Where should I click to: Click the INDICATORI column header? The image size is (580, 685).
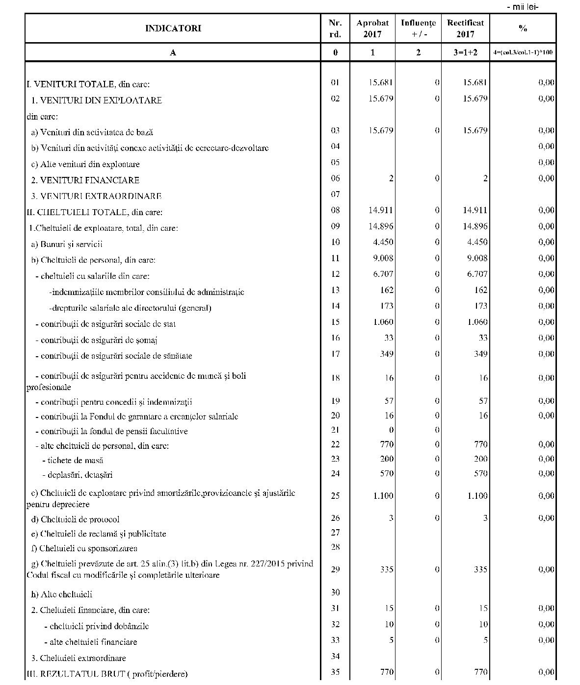(173, 28)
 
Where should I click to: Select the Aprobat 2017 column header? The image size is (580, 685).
(372, 28)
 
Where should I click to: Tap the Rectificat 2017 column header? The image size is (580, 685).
(465, 28)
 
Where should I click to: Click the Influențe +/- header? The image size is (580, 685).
(418, 28)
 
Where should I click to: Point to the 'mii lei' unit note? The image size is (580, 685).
(523, 7)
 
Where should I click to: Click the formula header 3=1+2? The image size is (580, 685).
(465, 52)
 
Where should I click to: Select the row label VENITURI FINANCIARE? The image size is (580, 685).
(85, 180)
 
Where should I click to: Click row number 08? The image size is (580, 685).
(335, 210)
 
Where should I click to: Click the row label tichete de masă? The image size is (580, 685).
(73, 460)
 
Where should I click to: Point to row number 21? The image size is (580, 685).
(335, 430)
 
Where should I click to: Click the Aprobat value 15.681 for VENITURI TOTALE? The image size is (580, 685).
(381, 82)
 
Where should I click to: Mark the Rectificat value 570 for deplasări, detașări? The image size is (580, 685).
(480, 474)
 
